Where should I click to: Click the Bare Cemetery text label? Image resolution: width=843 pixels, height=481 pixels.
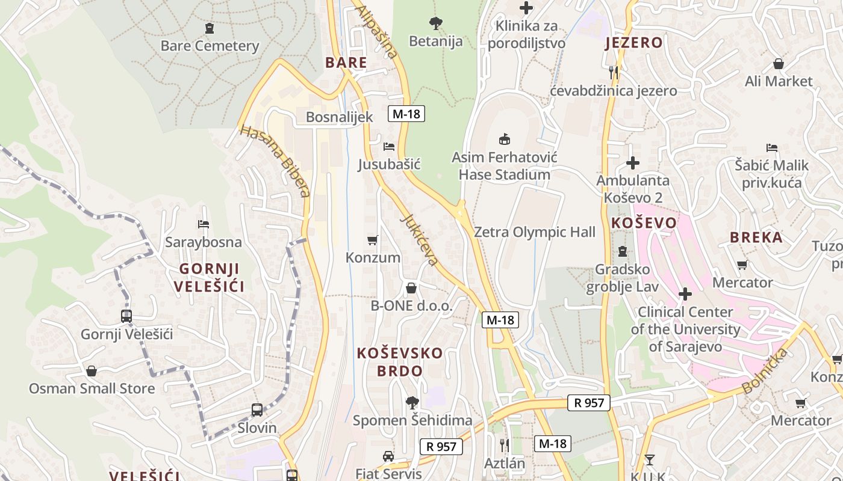coord(210,46)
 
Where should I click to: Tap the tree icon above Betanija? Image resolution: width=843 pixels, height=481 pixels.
coord(436,23)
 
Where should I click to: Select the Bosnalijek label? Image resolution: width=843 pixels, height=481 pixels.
coord(340,117)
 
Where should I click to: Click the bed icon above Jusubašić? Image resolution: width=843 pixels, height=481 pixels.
coord(389,146)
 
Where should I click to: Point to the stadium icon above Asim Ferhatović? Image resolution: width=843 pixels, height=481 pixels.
coord(505,139)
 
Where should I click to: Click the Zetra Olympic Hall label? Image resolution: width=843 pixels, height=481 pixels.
coord(535,232)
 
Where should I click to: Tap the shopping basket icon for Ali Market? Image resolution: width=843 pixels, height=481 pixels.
coord(779,64)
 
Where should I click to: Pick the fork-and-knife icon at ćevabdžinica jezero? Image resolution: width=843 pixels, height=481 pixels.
coord(614,73)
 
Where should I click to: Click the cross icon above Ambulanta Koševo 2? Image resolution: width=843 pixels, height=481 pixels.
coord(633,162)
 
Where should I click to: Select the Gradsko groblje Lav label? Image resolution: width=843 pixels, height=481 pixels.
coord(623,278)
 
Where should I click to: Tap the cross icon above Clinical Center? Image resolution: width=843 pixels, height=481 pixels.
coord(685,294)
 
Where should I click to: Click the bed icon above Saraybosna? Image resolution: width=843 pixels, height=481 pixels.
coord(204,224)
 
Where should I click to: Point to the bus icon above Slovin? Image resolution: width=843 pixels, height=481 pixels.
coord(257,410)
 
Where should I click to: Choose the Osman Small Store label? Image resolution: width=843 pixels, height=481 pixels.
coord(92,388)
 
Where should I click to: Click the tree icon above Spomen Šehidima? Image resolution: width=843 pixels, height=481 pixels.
coord(412,402)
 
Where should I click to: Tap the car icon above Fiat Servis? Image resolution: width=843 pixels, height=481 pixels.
coord(388,456)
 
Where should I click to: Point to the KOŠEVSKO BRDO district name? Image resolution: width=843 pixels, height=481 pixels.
coord(400,362)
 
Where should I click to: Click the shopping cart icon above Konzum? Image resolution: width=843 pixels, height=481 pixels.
coord(373,240)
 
